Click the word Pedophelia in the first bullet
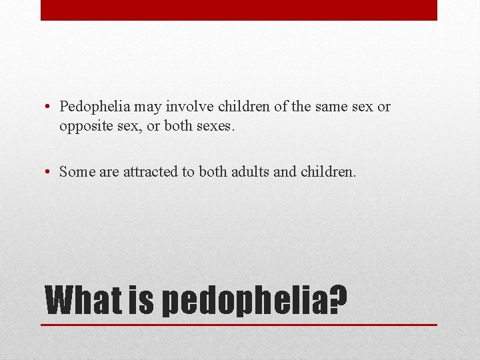(x=95, y=107)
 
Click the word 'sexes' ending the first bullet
(x=214, y=126)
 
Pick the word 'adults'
(x=250, y=171)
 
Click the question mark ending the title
(x=338, y=300)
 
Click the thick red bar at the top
(x=239, y=10)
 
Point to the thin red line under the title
(x=239, y=325)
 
